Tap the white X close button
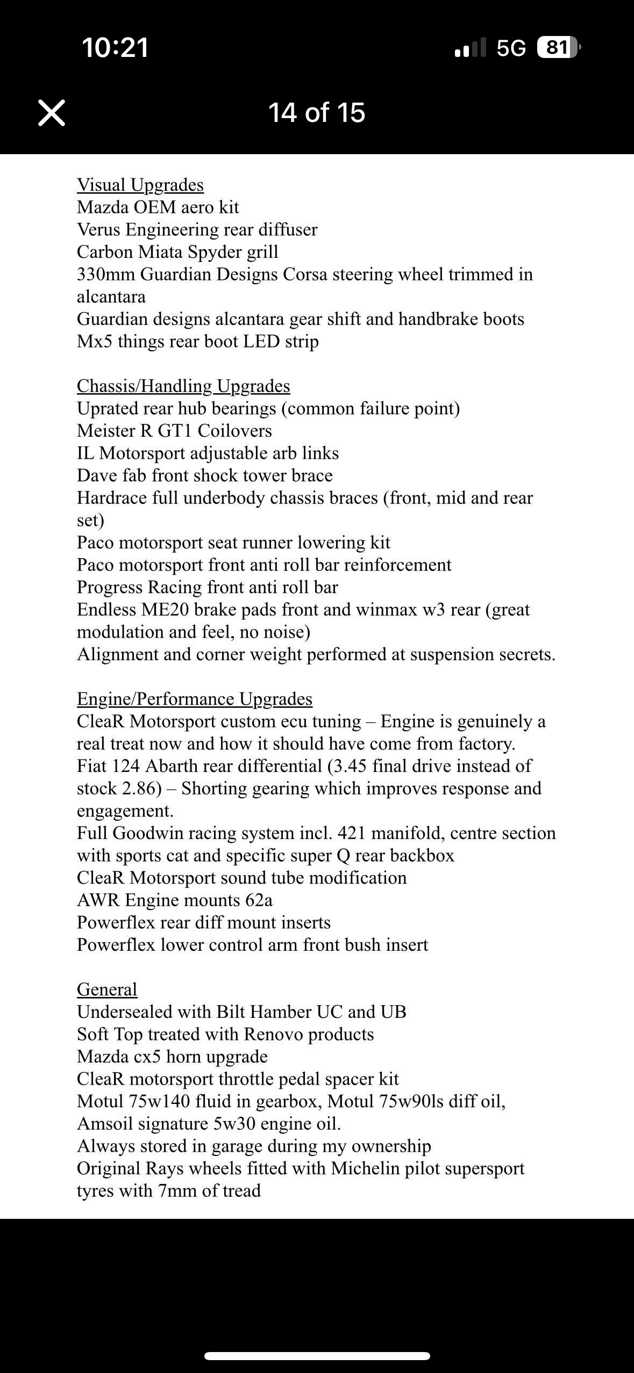click(52, 113)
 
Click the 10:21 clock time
click(115, 47)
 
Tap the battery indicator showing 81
click(557, 48)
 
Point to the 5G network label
click(511, 48)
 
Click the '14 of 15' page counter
click(317, 113)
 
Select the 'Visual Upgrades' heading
click(140, 185)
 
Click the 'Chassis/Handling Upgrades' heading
click(183, 386)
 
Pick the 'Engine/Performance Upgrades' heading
click(195, 699)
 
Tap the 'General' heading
click(107, 989)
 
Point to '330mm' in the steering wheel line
click(106, 274)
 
